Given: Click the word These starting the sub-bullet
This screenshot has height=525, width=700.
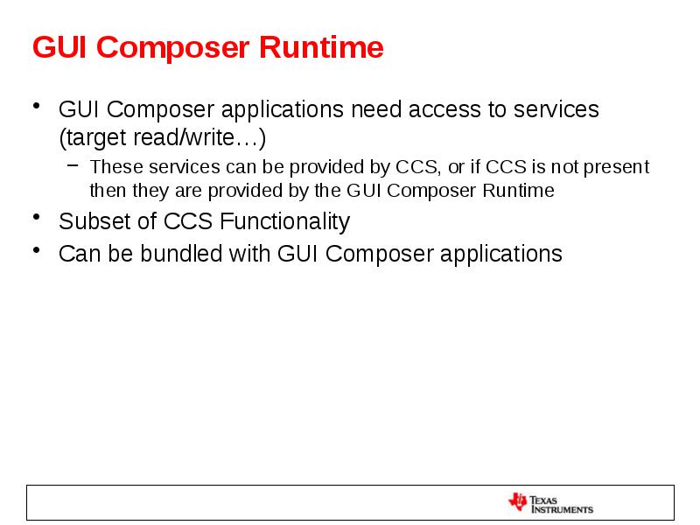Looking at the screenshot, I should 113,167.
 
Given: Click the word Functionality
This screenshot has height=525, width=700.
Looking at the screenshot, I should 284,221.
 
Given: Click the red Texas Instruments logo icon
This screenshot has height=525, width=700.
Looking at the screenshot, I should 517,502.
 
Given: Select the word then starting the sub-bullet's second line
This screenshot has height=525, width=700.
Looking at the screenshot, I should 107,191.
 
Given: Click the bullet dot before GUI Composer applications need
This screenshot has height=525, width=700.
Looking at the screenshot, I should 37,106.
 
